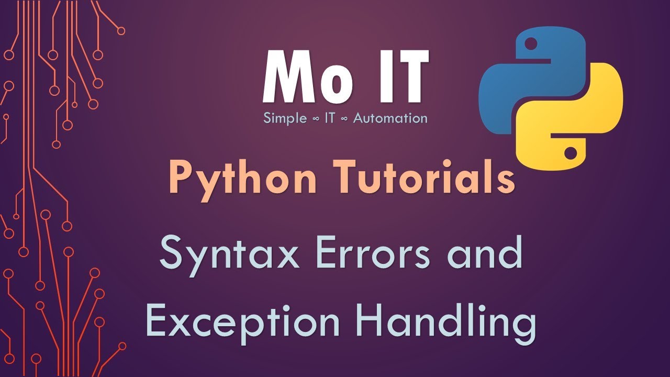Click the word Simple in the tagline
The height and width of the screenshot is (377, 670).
tap(285, 118)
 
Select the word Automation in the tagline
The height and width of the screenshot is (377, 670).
tap(390, 118)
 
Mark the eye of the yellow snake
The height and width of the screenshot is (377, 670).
tap(572, 153)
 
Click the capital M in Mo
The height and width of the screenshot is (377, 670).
tap(285, 77)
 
